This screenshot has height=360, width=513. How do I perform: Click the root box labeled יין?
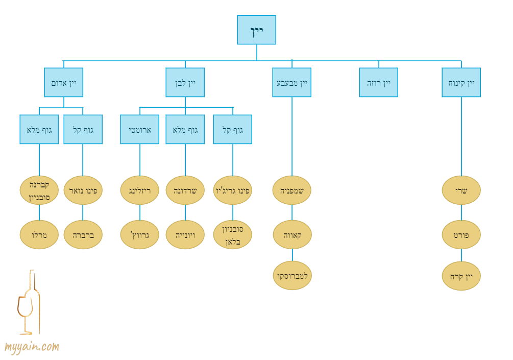pos(256,30)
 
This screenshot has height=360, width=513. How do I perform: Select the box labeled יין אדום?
pos(63,82)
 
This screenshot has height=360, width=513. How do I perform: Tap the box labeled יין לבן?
pos(185,82)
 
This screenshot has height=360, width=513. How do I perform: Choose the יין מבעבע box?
pos(291,82)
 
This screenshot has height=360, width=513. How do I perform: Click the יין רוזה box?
pos(378,82)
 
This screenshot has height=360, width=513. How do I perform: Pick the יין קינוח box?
pos(461,82)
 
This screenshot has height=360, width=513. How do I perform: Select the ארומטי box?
pos(139,129)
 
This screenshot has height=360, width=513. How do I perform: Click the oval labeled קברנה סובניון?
pos(39,190)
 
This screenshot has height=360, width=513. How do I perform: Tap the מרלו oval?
pos(39,234)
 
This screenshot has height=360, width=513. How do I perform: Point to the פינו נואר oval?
pos(83,190)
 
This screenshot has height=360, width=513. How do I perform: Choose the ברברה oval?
pos(83,234)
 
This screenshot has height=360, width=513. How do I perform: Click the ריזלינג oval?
pos(139,190)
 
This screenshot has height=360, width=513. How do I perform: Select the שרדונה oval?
pos(185,190)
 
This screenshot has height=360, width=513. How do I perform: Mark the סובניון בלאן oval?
pos(232,234)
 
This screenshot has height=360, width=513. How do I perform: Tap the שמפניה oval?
pos(291,190)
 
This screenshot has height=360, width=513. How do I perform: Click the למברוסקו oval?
pos(292,275)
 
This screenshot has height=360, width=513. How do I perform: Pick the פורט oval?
pos(461,234)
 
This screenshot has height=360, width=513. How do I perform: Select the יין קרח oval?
pos(461,276)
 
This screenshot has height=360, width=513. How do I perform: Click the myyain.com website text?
pos(32,347)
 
